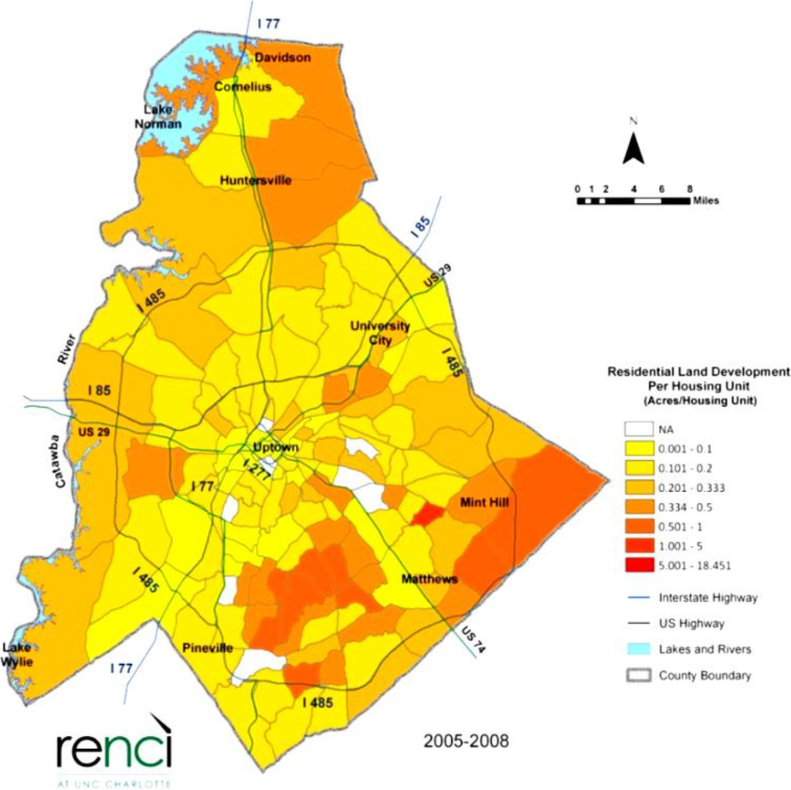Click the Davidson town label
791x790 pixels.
pyautogui.click(x=283, y=58)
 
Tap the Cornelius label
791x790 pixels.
pyautogui.click(x=243, y=87)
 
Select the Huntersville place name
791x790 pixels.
pyautogui.click(x=256, y=181)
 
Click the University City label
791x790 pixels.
pyautogui.click(x=380, y=333)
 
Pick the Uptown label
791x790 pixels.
pyautogui.click(x=276, y=448)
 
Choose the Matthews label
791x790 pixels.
pyautogui.click(x=429, y=578)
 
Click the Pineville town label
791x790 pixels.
pyautogui.click(x=208, y=648)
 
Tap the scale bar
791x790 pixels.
pyautogui.click(x=633, y=201)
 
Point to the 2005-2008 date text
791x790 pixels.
pyautogui.click(x=467, y=742)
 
